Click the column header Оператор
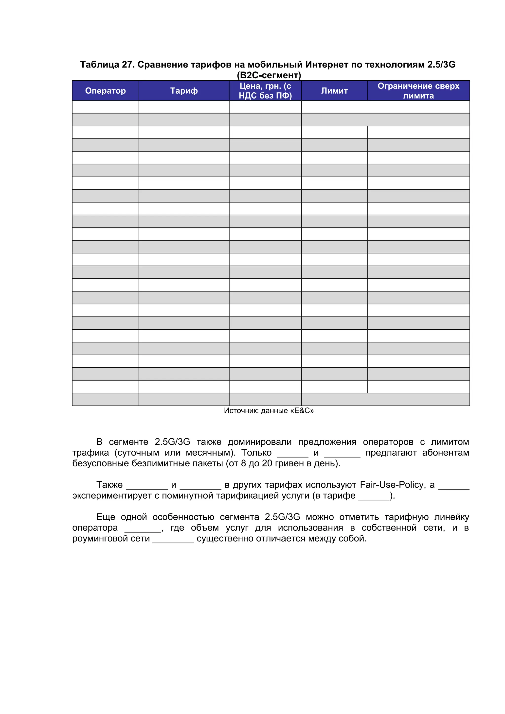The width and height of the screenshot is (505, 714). pyautogui.click(x=105, y=91)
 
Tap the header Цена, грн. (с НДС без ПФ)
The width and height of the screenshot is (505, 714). pyautogui.click(x=265, y=91)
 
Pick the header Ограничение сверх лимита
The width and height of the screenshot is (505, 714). pyautogui.click(x=418, y=91)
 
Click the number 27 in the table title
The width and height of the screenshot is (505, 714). pyautogui.click(x=127, y=65)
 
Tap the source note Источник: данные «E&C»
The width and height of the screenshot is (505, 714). pyautogui.click(x=269, y=410)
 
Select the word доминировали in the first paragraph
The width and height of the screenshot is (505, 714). pyautogui.click(x=260, y=442)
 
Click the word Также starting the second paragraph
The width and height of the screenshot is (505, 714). pyautogui.click(x=109, y=485)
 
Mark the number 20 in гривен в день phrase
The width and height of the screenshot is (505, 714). pyautogui.click(x=267, y=463)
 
